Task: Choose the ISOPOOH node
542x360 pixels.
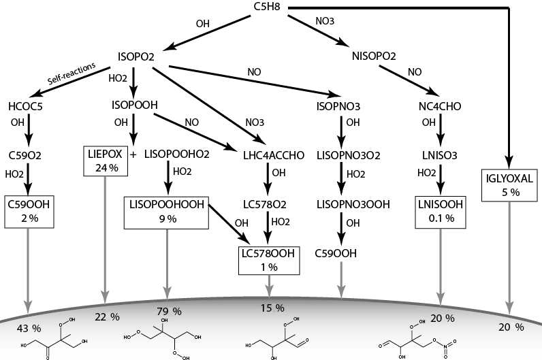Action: (x=135, y=105)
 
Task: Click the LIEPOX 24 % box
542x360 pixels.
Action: (x=104, y=161)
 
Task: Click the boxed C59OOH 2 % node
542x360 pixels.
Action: (x=28, y=211)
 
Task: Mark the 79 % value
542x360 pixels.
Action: (x=167, y=312)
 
